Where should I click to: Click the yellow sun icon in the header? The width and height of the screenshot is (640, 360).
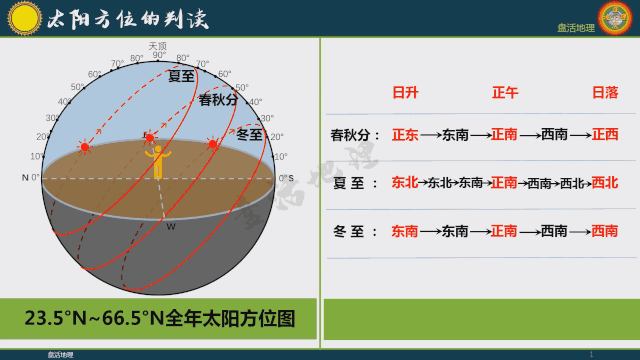pyautogui.click(x=24, y=17)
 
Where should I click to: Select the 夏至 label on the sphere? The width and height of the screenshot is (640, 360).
pyautogui.click(x=181, y=76)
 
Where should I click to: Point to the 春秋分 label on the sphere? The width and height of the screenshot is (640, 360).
pyautogui.click(x=218, y=100)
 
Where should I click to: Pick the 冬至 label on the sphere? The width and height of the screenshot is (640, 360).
pyautogui.click(x=250, y=134)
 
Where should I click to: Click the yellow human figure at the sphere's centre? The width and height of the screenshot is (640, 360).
pyautogui.click(x=157, y=161)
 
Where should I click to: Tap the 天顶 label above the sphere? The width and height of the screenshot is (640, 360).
pyautogui.click(x=157, y=45)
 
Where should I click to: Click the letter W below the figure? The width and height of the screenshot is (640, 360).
pyautogui.click(x=171, y=226)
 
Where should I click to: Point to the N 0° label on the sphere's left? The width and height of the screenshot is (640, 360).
pyautogui.click(x=31, y=178)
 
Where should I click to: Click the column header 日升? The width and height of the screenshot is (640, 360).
pyautogui.click(x=405, y=93)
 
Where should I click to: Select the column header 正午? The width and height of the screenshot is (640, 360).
pyautogui.click(x=505, y=93)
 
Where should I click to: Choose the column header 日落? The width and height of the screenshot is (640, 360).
pyautogui.click(x=605, y=93)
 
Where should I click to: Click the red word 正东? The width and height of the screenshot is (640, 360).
pyautogui.click(x=405, y=134)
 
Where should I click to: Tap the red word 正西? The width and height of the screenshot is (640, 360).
pyautogui.click(x=605, y=134)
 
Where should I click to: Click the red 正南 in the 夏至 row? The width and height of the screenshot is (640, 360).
pyautogui.click(x=504, y=183)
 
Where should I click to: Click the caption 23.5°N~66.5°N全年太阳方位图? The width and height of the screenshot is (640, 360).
pyautogui.click(x=160, y=319)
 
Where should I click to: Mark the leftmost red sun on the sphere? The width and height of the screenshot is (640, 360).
pyautogui.click(x=85, y=148)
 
